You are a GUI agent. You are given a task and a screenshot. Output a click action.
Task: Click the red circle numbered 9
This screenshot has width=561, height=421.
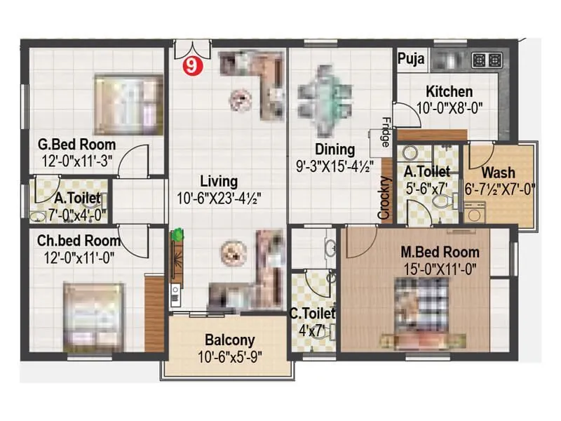pos(189,67)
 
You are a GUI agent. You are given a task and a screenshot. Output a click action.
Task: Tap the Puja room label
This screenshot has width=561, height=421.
pos(411,60)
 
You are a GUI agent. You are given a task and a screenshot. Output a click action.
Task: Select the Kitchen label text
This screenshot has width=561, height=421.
pos(449,92)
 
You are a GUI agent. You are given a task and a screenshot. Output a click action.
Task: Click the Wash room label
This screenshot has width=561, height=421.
pos(499,173)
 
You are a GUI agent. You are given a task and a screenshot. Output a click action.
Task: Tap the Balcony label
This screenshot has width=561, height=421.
pos(229,341)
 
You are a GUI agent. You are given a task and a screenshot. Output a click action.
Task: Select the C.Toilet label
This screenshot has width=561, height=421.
pos(313,313)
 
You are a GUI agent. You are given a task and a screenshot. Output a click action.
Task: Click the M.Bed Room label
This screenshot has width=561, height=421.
pos(440,252)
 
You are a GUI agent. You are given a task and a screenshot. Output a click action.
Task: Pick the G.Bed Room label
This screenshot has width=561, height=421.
pos(77,146)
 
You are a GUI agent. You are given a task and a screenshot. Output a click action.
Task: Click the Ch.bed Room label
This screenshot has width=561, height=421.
pos(79,241)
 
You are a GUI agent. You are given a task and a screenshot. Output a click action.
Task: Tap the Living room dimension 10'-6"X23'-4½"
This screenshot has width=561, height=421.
pos(218,198)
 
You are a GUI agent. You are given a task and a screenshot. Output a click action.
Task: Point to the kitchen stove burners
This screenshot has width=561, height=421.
pos(487,60)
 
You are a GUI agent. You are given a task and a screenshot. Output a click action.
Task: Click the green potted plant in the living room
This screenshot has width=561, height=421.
pos(179,234)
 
